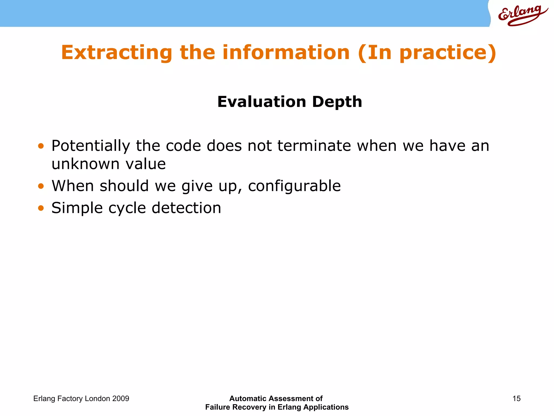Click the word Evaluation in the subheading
[262, 102]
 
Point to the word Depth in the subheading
[337, 102]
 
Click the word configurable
[294, 186]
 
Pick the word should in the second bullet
[124, 186]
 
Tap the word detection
[186, 208]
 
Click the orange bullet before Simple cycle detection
[41, 208]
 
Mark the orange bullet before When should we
[41, 186]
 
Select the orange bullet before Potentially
[41, 146]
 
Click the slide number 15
[516, 399]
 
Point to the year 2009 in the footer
[121, 399]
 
